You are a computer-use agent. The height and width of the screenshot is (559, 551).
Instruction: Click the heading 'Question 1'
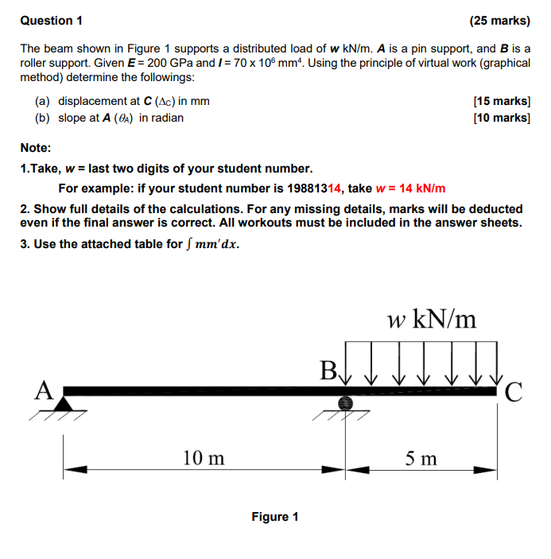[x=51, y=20]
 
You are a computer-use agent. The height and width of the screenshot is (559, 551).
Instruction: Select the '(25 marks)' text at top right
[x=499, y=20]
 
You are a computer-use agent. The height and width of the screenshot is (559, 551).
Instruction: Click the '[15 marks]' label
[x=501, y=101]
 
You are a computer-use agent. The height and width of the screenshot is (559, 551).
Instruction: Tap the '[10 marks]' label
[x=501, y=118]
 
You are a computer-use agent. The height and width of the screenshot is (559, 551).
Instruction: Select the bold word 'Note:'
[x=36, y=148]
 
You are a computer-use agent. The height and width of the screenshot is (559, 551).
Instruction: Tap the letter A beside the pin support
[x=45, y=389]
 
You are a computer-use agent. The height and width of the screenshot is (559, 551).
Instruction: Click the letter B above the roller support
[x=328, y=371]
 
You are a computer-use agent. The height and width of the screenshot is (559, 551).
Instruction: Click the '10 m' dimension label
[x=204, y=458]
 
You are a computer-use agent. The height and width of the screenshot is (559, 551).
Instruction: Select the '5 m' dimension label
[x=421, y=458]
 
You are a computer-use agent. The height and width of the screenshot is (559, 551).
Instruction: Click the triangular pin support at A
[x=64, y=405]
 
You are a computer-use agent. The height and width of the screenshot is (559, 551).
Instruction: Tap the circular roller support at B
[x=345, y=403]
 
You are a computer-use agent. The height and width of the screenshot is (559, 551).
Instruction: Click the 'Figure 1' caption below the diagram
[x=275, y=517]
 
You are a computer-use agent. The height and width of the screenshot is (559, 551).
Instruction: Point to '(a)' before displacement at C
[x=43, y=101]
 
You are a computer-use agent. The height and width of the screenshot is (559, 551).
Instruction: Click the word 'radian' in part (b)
[x=166, y=118]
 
